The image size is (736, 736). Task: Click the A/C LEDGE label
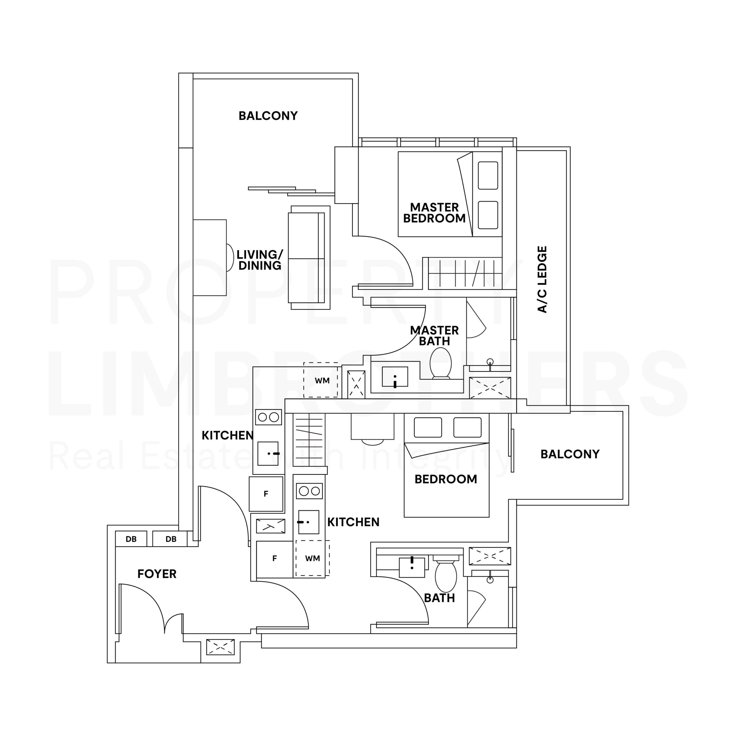542,279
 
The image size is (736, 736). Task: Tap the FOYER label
157,574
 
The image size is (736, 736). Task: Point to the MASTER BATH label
434,336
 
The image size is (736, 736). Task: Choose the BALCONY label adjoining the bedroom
570,454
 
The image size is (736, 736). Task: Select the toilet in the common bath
446,575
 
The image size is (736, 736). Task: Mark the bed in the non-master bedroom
446,465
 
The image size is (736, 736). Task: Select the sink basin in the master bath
395,377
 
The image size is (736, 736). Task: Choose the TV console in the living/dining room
210,258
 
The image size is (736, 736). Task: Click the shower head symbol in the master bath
490,362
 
